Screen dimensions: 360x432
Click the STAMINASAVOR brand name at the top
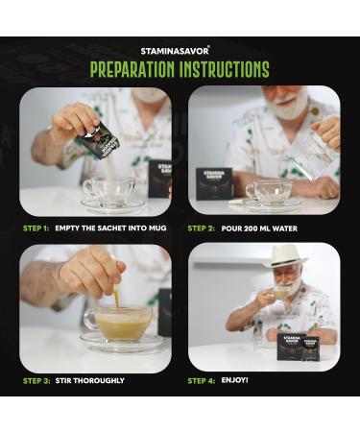click(175, 51)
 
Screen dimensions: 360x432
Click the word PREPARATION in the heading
click(132, 69)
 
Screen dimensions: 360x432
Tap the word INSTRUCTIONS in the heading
click(225, 69)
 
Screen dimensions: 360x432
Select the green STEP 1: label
click(36, 228)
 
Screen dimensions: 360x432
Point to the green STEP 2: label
click(201, 228)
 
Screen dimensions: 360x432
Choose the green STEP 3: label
click(36, 381)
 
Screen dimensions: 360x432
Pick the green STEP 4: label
click(202, 381)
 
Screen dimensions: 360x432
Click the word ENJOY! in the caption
click(234, 380)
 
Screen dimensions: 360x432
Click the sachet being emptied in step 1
click(99, 140)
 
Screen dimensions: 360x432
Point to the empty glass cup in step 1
click(108, 192)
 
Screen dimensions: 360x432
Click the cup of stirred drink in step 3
click(118, 324)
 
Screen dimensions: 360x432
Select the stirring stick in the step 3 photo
click(117, 296)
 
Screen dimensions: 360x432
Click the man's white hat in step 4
click(285, 256)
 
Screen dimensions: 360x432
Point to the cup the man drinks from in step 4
click(279, 292)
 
